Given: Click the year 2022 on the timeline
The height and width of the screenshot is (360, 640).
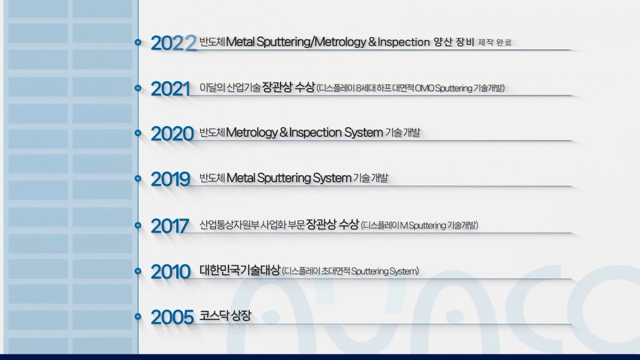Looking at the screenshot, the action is coord(174,43).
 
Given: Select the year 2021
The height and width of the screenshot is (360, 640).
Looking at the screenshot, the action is coord(171,89).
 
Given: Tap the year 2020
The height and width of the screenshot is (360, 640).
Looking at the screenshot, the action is coord(172,134).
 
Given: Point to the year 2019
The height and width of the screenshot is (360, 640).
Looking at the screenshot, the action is coord(171,179).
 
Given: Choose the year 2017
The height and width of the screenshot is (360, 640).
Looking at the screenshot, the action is coord(170,226).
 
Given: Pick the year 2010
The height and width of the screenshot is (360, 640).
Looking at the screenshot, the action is coord(171,272).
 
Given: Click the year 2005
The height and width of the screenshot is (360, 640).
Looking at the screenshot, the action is coord(172,317).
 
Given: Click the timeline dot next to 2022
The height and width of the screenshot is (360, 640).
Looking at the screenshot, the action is coord(138,42).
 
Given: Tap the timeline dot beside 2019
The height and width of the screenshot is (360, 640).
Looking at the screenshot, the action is coord(138,178).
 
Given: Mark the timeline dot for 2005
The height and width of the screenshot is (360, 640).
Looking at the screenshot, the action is coord(138,316).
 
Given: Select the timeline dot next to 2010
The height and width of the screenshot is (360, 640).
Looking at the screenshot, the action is coord(138,271).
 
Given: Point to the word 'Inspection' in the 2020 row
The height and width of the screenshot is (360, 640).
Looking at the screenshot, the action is coord(316,133).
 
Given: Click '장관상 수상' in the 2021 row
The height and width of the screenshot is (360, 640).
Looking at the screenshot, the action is coord(289,87).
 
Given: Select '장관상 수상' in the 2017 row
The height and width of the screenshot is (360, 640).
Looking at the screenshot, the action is coord(333,224).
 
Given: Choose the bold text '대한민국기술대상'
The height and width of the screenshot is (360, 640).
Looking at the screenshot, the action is coord(240,270).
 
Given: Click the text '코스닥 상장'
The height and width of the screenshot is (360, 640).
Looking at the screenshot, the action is coord(225,316).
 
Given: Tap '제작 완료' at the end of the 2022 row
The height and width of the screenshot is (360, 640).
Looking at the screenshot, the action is coord(495,42).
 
